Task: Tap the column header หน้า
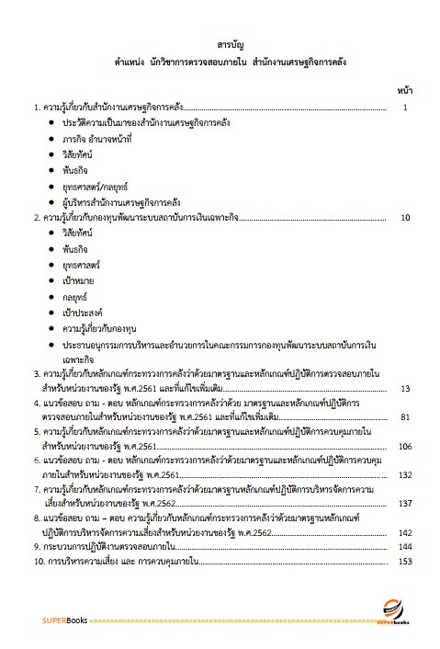click(404, 91)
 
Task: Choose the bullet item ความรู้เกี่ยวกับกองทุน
click(104, 327)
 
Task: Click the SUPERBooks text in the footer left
click(63, 621)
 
